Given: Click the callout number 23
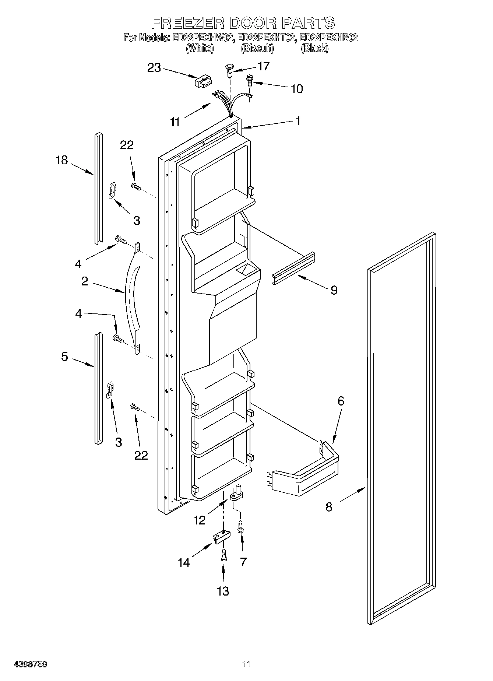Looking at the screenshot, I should [x=154, y=68].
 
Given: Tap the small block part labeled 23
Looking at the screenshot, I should [x=204, y=81].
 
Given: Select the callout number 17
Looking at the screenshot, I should [x=264, y=66].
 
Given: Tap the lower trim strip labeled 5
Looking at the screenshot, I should [x=98, y=389].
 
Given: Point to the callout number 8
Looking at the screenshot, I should [x=329, y=507].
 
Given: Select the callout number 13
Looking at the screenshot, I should [x=223, y=601].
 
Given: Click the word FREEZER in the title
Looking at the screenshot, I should [x=188, y=23].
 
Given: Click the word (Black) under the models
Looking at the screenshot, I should [x=314, y=48].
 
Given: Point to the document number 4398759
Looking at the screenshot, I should [x=30, y=664].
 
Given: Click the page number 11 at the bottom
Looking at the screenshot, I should [x=246, y=664].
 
